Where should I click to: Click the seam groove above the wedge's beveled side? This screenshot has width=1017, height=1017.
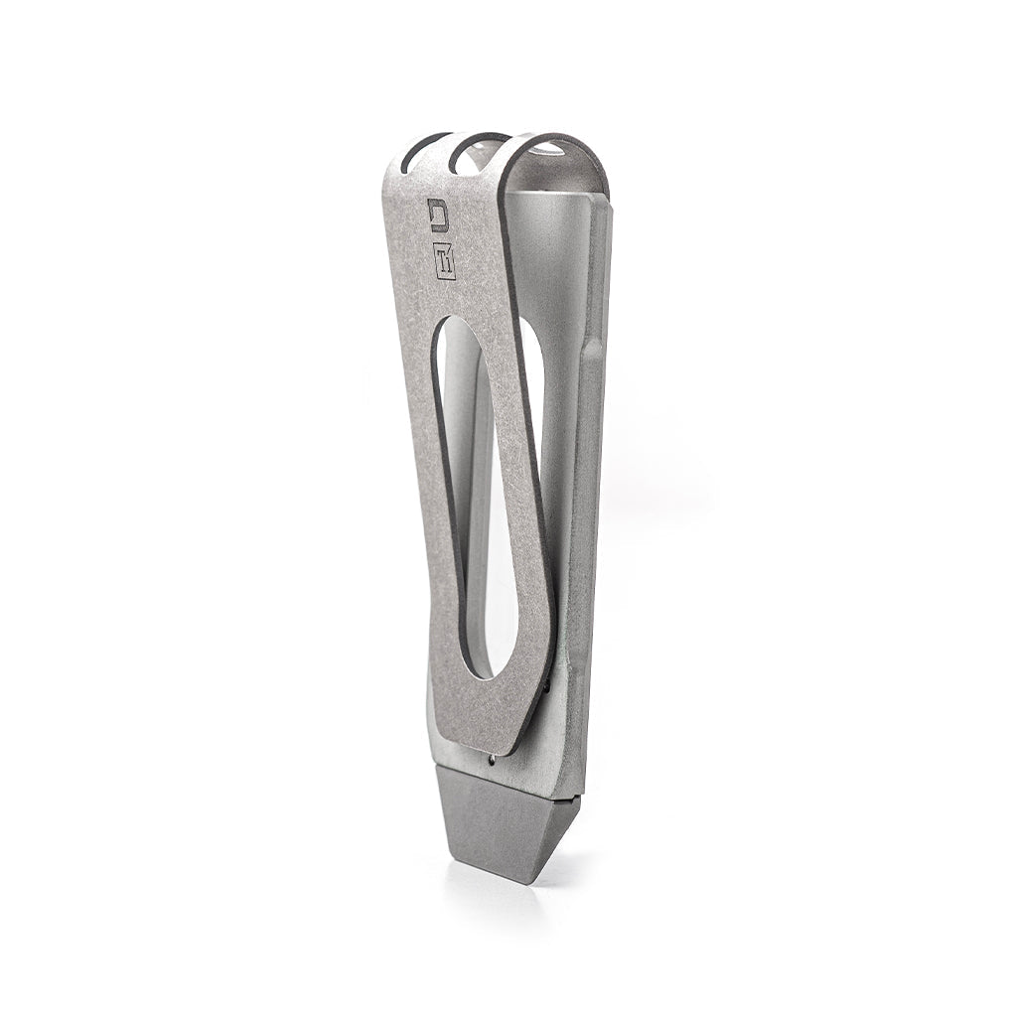(569, 796)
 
